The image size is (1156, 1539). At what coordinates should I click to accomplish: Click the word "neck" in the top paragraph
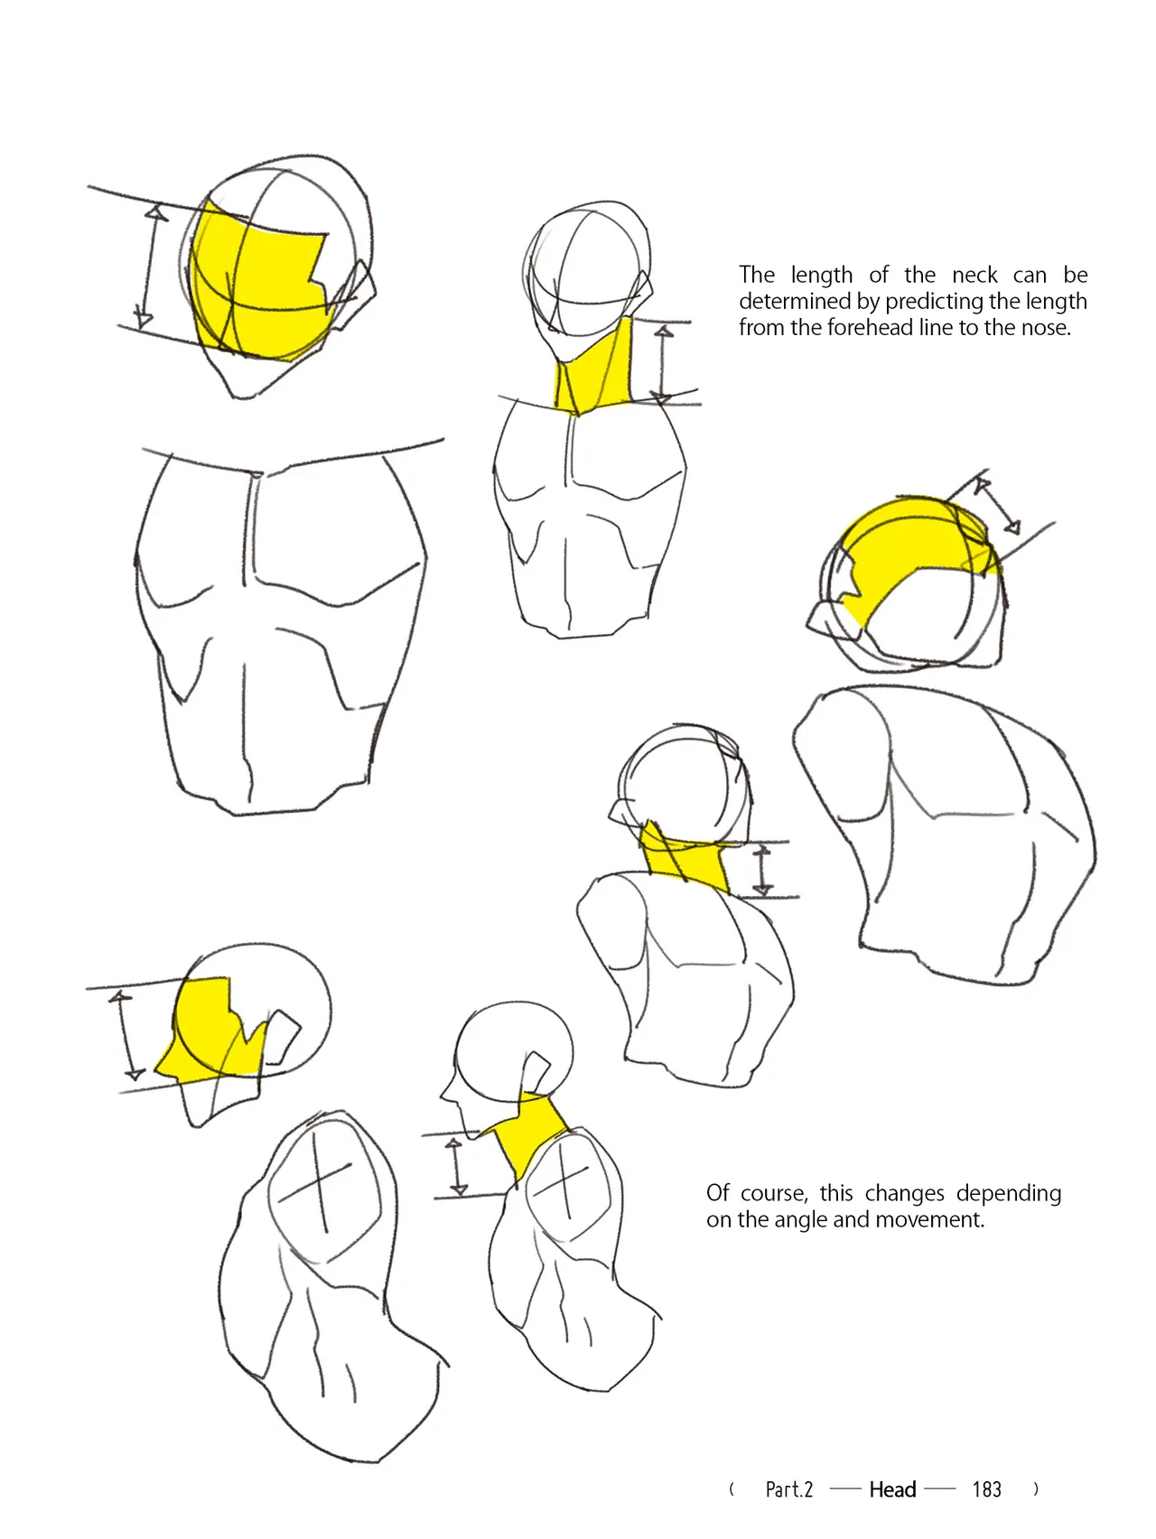pyautogui.click(x=974, y=275)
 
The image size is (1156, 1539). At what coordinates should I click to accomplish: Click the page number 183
pyautogui.click(x=986, y=1489)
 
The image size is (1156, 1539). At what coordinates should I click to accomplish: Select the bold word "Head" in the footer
pyautogui.click(x=892, y=1489)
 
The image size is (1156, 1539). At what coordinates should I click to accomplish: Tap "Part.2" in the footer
pyautogui.click(x=788, y=1489)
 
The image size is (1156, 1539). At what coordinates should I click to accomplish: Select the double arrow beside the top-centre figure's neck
pyautogui.click(x=663, y=365)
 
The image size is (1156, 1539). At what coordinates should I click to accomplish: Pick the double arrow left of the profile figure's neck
pyautogui.click(x=456, y=1167)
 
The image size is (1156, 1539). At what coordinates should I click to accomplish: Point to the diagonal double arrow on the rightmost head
pyautogui.click(x=996, y=507)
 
